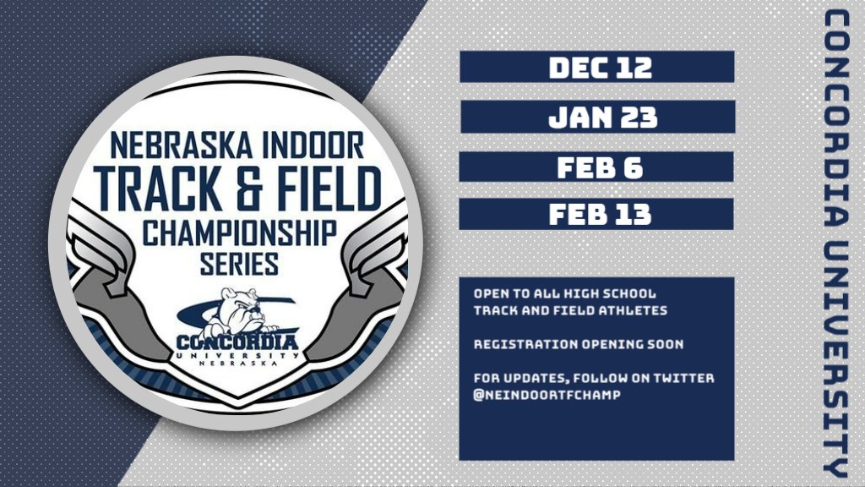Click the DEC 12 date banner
pos(596,67)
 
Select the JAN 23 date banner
pos(596,117)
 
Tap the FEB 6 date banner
pos(596,166)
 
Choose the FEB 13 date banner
pos(596,214)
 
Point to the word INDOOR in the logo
pos(313,145)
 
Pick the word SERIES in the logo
pos(239,265)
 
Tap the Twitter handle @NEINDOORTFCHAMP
pos(542,395)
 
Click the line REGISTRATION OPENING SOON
pos(566,345)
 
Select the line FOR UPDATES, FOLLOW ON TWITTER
pos(593,378)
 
